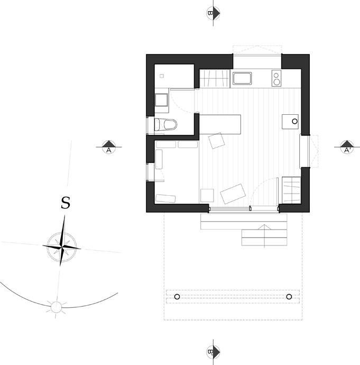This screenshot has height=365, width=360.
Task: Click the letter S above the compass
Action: (65, 203)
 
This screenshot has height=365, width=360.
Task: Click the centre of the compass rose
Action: (62, 246)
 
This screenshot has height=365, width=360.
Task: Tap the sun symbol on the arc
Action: (56, 306)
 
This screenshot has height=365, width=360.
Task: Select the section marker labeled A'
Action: (347, 147)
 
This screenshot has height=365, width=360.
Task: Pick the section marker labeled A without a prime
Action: (108, 147)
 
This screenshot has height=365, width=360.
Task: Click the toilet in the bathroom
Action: (165, 124)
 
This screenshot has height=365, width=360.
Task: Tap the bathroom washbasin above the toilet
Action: (161, 99)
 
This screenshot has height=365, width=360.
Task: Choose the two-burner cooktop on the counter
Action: (276, 79)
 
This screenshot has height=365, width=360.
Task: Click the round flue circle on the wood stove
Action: (294, 122)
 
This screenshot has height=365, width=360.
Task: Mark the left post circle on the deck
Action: (177, 296)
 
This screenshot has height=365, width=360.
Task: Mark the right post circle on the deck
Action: (289, 296)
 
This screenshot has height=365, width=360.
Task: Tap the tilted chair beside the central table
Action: (216, 140)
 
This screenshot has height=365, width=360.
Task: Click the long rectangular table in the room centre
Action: (219, 125)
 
